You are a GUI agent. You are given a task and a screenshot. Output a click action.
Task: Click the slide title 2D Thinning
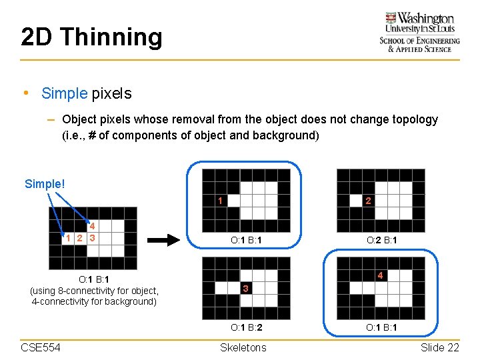[x=91, y=37]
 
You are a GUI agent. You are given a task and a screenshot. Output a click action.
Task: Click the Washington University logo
[x=419, y=32]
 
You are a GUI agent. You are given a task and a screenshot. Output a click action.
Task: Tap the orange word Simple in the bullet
[x=64, y=93]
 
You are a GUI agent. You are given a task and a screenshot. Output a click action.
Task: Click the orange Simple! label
[x=45, y=183]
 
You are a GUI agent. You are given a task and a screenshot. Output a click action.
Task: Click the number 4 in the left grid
[x=93, y=227]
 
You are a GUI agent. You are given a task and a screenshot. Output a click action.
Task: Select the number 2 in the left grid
[x=79, y=238]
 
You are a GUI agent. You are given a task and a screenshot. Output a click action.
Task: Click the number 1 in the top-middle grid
[x=221, y=200]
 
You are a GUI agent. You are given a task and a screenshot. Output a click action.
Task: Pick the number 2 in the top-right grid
[x=368, y=200]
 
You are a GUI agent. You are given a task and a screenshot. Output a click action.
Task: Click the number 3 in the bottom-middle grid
[x=246, y=289]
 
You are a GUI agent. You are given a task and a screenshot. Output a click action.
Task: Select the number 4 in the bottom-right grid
[x=379, y=275]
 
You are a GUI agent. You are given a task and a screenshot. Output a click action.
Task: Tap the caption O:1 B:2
[x=246, y=327]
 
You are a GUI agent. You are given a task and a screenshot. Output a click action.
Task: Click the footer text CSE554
[x=41, y=347]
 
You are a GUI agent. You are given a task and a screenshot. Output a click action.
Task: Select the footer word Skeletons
[x=243, y=347]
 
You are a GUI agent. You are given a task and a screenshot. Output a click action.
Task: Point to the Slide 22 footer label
[x=440, y=347]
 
